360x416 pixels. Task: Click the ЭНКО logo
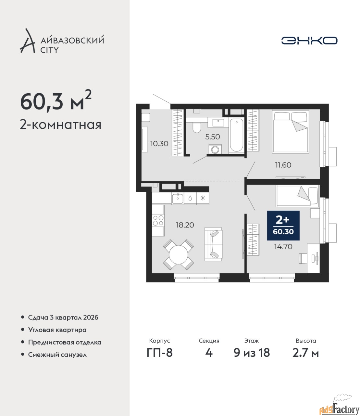click(309, 40)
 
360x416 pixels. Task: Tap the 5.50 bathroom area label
click(213, 137)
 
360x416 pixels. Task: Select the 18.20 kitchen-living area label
click(185, 225)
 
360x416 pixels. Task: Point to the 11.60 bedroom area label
click(283, 165)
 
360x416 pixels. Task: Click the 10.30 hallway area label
click(159, 144)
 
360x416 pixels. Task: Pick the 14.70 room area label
click(283, 247)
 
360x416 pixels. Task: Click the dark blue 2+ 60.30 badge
click(283, 226)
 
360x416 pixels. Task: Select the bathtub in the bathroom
click(236, 135)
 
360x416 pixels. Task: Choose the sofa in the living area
click(214, 244)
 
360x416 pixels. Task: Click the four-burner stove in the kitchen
click(158, 220)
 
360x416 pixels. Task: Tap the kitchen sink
click(178, 199)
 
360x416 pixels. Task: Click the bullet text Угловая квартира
click(57, 330)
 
